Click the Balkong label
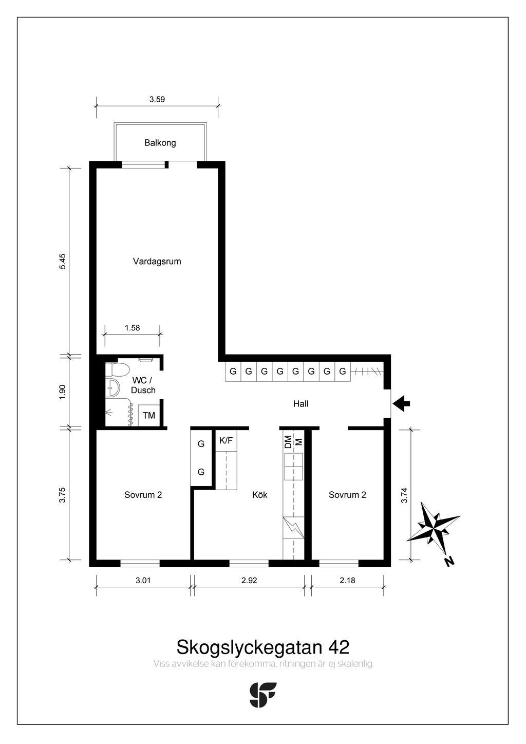pyautogui.click(x=160, y=143)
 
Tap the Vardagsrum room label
pyautogui.click(x=157, y=262)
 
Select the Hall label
pyautogui.click(x=300, y=404)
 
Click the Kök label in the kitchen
pyautogui.click(x=260, y=495)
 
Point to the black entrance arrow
pyautogui.click(x=402, y=403)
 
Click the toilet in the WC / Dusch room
pyautogui.click(x=116, y=369)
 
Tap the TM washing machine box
pyautogui.click(x=149, y=416)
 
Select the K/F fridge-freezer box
pyautogui.click(x=226, y=441)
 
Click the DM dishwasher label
pyautogui.click(x=288, y=442)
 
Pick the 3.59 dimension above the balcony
pyautogui.click(x=157, y=99)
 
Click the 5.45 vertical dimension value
pyautogui.click(x=63, y=262)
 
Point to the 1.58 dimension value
pyautogui.click(x=132, y=328)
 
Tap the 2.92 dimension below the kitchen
pyautogui.click(x=249, y=581)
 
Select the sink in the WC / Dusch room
pyautogui.click(x=113, y=387)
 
